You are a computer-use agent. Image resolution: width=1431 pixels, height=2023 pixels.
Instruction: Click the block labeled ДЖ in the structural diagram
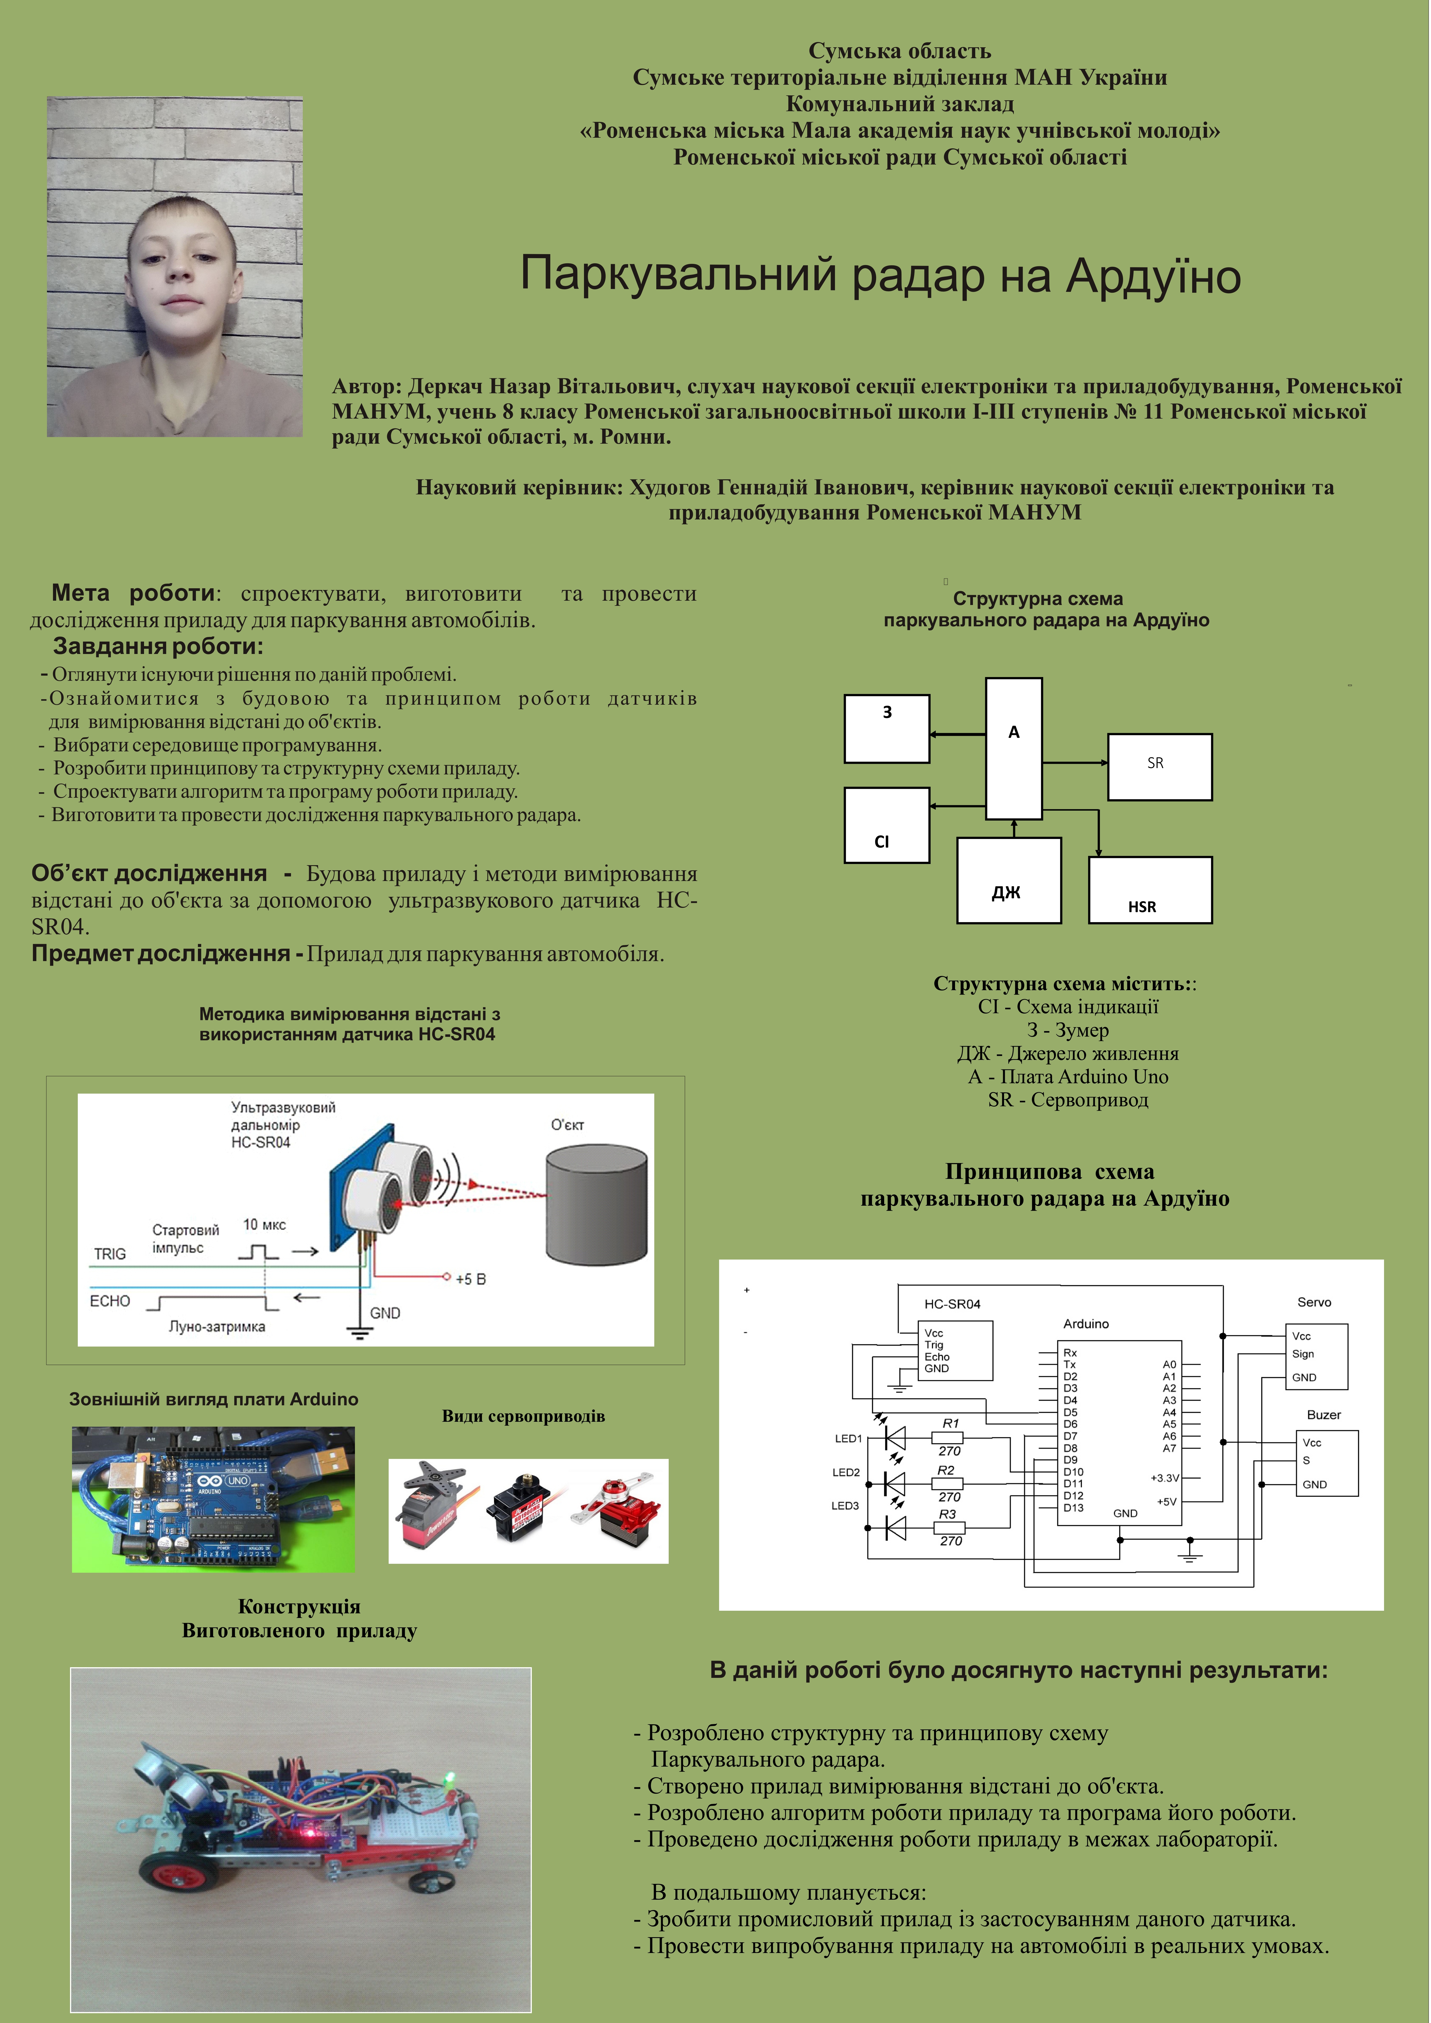[1009, 880]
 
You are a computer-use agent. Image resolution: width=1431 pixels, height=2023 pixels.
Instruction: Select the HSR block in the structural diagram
[1150, 890]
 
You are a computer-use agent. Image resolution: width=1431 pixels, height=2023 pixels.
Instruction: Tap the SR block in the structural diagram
[1160, 767]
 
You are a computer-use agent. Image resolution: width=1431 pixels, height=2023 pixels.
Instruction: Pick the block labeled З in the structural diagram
[886, 729]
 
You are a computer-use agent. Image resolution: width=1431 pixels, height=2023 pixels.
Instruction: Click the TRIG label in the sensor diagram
[110, 1254]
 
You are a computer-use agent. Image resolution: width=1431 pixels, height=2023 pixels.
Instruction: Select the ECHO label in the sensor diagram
[110, 1301]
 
